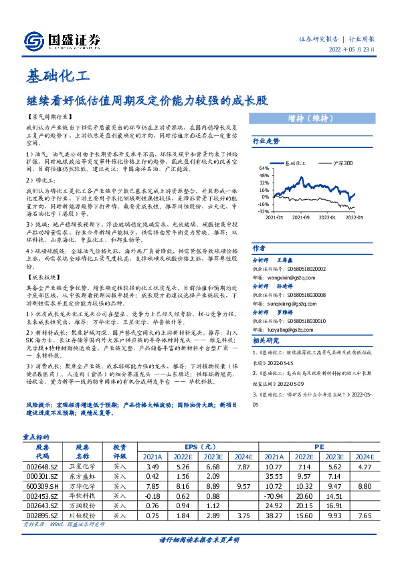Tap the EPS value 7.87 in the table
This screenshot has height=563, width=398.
[x=243, y=466]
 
